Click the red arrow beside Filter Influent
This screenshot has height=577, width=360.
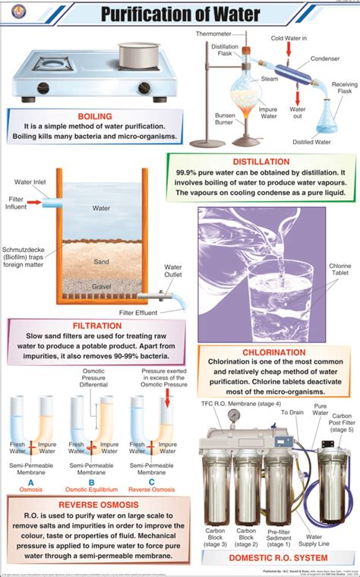tap(35, 203)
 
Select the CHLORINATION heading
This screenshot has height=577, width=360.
tap(274, 353)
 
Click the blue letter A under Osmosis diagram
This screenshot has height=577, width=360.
tap(30, 481)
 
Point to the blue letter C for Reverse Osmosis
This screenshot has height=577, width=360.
tap(151, 481)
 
